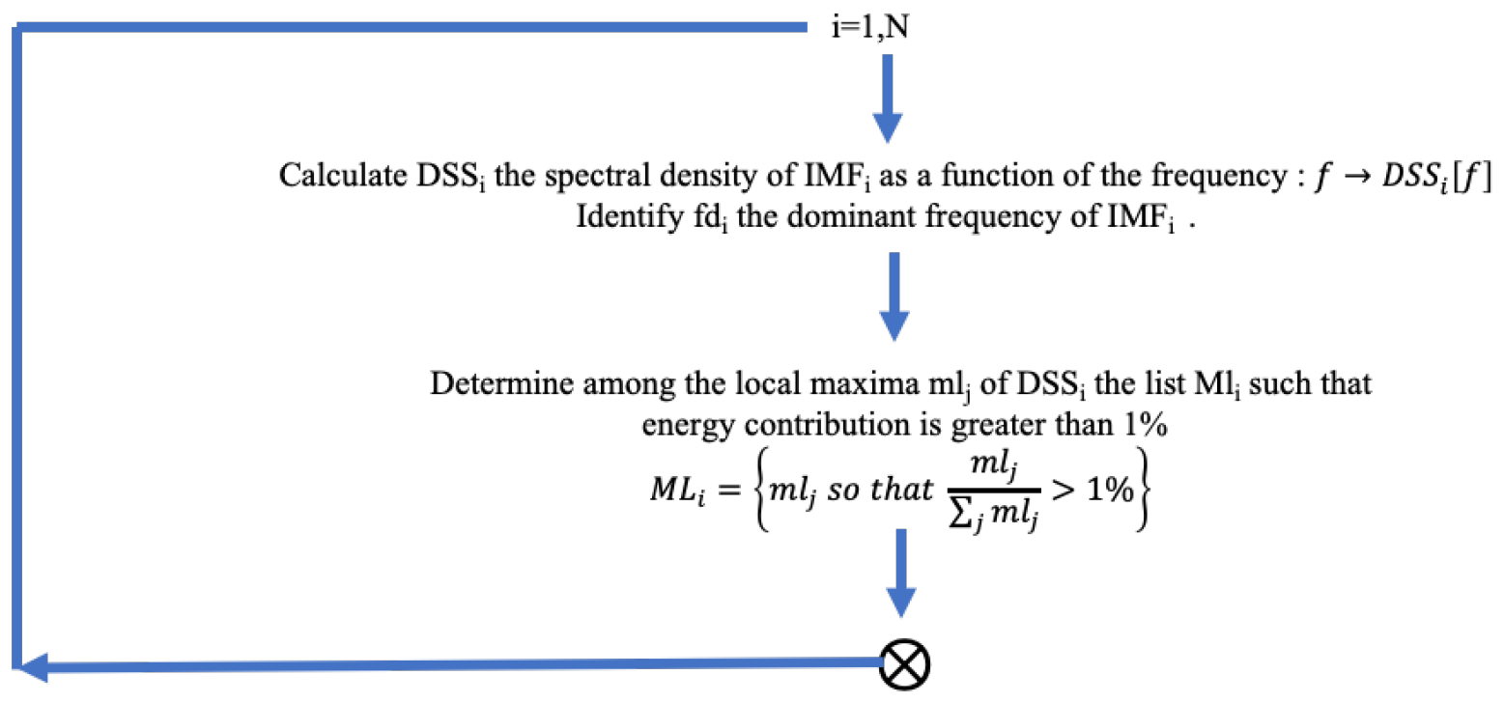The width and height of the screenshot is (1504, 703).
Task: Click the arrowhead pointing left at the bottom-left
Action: [x=37, y=666]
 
